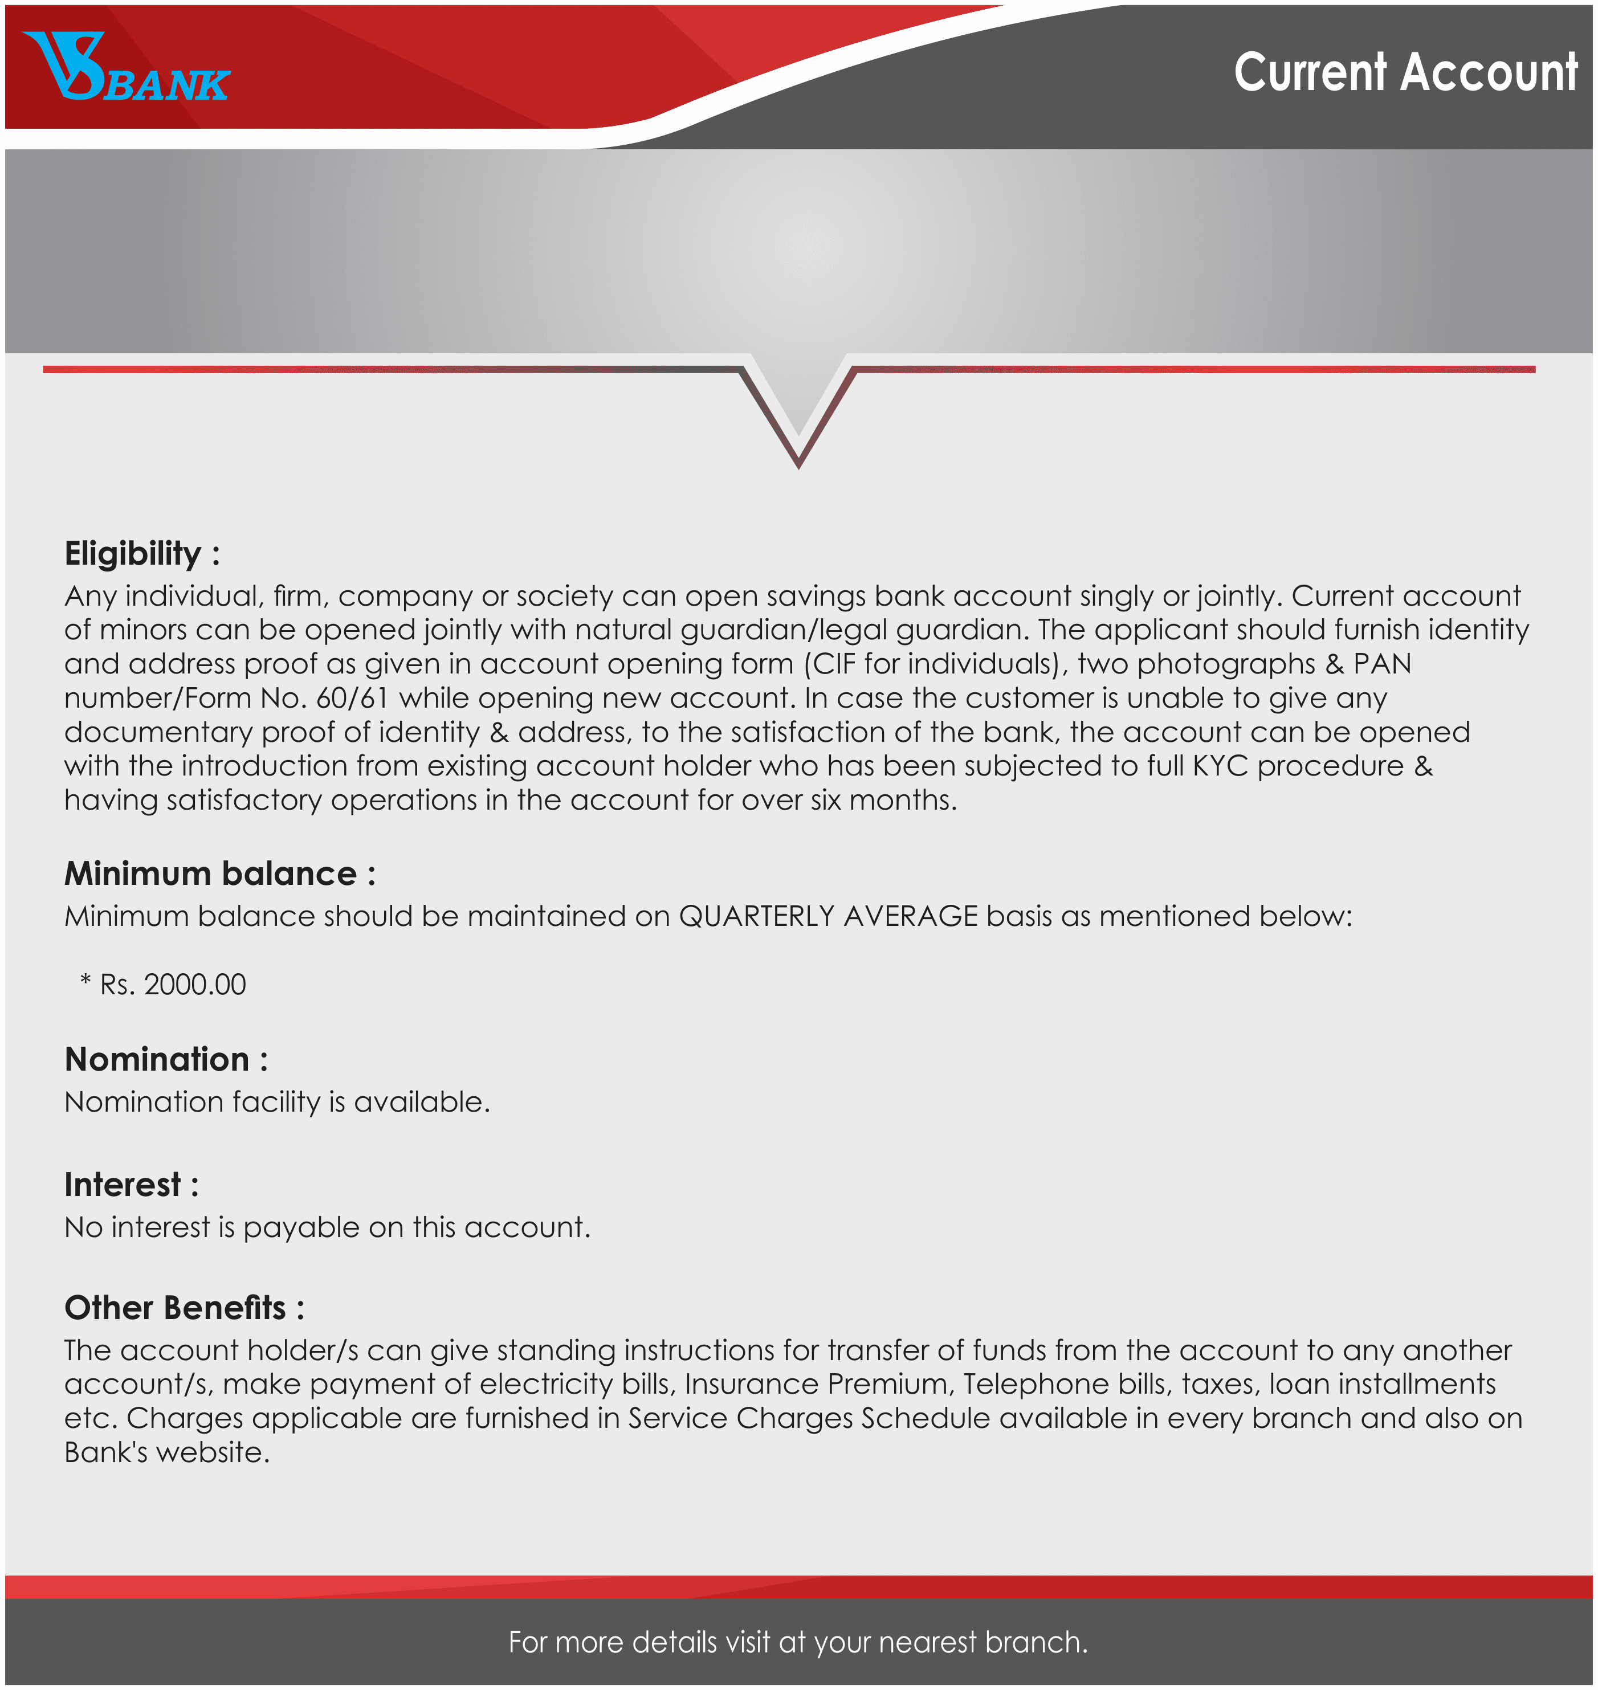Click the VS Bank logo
[x=126, y=68]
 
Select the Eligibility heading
[x=141, y=554]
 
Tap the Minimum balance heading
[x=219, y=875]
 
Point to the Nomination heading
[x=165, y=1060]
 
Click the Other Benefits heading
[x=183, y=1308]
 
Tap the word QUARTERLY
[x=756, y=917]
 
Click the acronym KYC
[x=1220, y=766]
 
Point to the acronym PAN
[x=1381, y=664]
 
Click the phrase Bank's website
[x=167, y=1453]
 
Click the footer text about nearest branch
[x=798, y=1642]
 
